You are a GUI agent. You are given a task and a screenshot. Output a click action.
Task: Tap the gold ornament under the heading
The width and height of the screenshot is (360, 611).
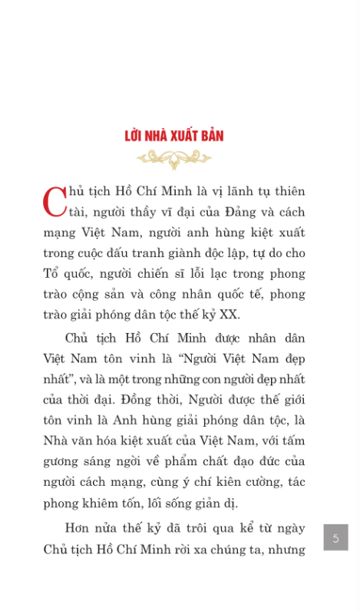tap(174, 158)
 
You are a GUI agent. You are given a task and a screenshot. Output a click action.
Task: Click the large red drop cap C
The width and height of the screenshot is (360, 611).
tap(55, 202)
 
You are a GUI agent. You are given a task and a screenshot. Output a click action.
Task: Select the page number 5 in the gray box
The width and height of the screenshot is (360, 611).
tap(335, 537)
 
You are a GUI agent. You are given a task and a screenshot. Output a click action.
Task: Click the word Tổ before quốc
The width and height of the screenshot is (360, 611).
tap(51, 273)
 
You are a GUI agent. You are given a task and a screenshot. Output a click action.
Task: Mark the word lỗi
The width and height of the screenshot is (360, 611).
tap(190, 273)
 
